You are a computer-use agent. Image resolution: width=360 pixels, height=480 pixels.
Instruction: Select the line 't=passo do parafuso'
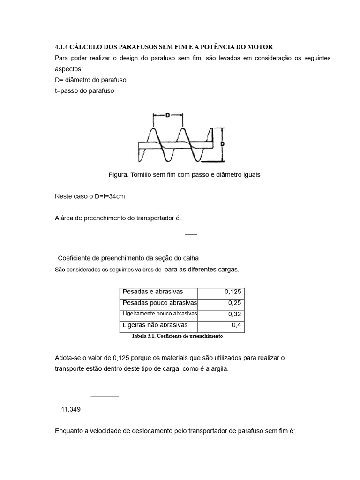pos(84,91)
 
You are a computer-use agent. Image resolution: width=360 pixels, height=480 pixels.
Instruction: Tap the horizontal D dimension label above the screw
pos(167,114)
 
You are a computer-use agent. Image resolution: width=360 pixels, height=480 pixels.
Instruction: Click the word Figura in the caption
pos(118,174)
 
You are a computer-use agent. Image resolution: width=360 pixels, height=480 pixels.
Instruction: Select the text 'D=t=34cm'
pos(110,196)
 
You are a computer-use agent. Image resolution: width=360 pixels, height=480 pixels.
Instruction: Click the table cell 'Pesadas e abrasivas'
pos(153,292)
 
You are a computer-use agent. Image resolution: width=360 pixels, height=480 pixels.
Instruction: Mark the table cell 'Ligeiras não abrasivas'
pos(155,325)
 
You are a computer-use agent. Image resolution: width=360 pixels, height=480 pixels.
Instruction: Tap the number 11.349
pos(71,409)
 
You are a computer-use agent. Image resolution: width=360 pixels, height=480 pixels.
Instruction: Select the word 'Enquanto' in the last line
pos(69,430)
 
